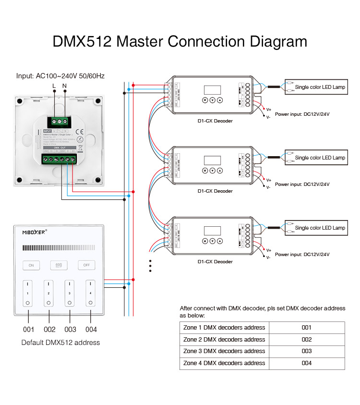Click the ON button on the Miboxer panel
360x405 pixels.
tap(31, 265)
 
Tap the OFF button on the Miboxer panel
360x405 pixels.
tap(87, 265)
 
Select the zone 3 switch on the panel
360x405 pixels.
tap(70, 294)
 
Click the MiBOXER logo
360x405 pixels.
tap(35, 232)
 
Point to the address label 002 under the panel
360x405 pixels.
tap(49, 330)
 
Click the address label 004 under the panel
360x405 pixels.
tap(91, 330)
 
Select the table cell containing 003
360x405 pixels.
tap(307, 351)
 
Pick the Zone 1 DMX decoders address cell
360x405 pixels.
tap(224, 328)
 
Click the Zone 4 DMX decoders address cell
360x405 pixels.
tap(224, 363)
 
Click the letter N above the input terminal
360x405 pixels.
tap(64, 86)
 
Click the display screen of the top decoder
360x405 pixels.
tap(212, 90)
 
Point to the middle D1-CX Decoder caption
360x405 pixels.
tap(215, 191)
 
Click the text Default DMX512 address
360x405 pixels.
tap(60, 343)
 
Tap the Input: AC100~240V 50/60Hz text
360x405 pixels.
tap(60, 76)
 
